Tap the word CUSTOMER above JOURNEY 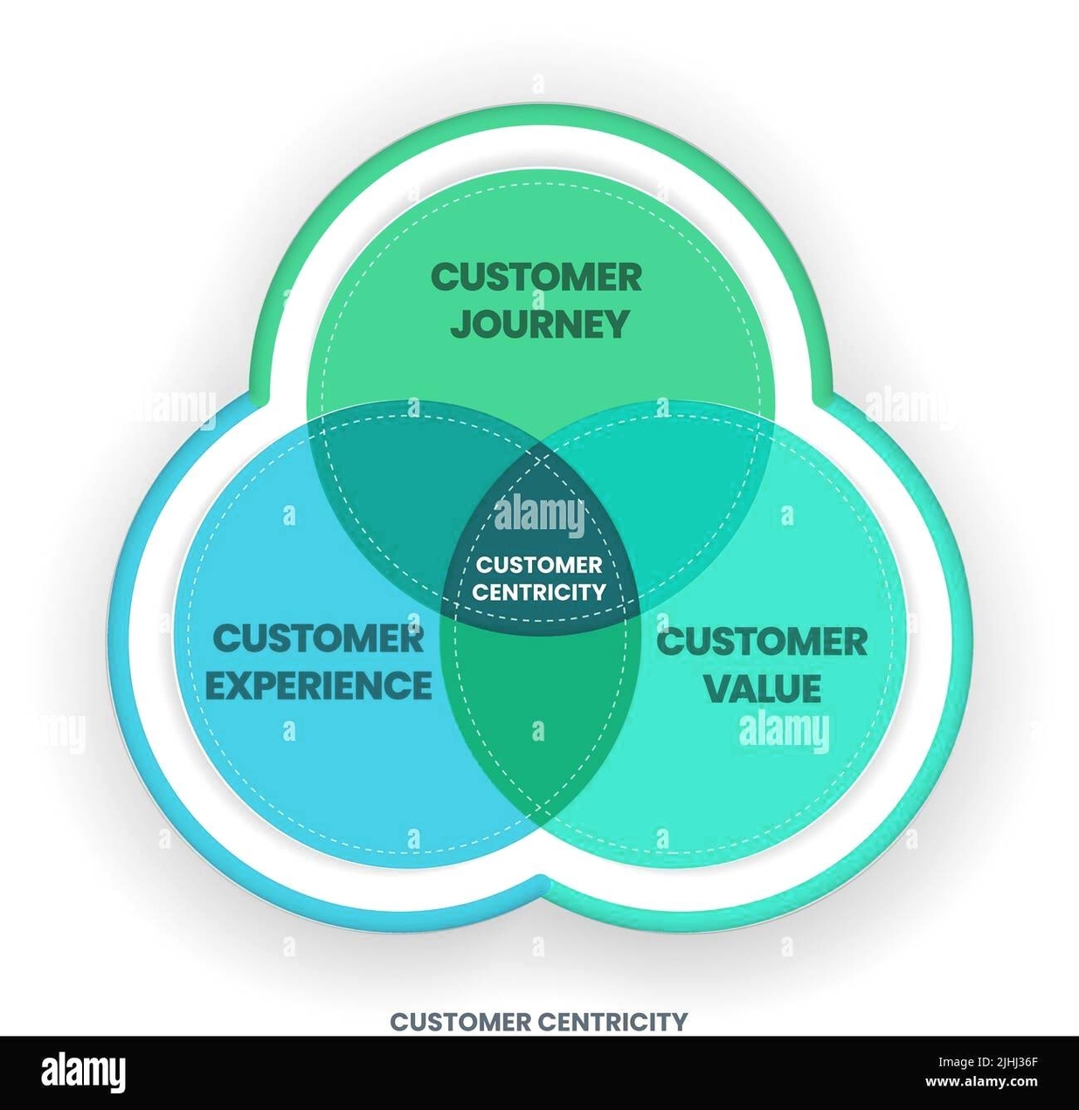pos(536,278)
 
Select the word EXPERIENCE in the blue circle pos(318,685)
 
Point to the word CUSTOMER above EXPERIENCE pos(318,638)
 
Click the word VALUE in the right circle pos(762,687)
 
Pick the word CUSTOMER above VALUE pos(762,642)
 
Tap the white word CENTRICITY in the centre pos(539,592)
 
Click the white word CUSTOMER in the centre pos(539,565)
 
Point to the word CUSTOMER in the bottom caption pos(460,1021)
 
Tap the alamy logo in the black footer pos(84,1072)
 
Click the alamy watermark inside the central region pos(539,515)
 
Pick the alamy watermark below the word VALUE pos(784,732)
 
